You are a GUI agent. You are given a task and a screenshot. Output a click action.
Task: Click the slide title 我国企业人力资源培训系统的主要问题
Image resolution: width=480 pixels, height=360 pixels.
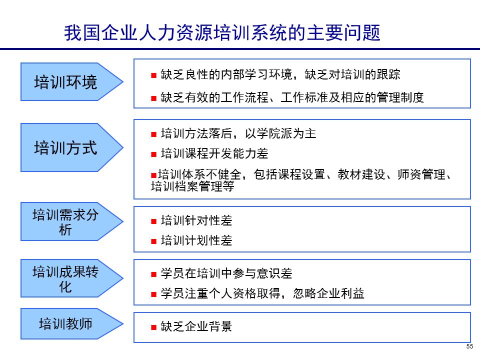(222, 33)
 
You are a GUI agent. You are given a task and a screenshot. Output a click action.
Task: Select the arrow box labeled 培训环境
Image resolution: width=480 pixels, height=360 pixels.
(66, 82)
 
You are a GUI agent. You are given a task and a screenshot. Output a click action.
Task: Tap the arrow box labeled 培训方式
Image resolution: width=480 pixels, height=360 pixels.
(66, 148)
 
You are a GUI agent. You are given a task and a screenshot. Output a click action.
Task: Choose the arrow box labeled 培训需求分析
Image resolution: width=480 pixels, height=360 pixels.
(66, 222)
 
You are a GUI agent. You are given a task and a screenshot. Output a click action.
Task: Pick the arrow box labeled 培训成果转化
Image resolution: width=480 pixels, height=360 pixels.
(66, 279)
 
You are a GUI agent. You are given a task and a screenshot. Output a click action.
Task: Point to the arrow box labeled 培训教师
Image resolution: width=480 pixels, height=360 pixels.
(66, 323)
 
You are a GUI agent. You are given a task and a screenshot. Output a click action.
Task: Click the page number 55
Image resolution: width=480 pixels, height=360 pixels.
(469, 347)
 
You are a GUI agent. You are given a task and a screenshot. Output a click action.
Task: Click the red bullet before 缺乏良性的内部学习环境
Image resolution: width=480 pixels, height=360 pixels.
(154, 75)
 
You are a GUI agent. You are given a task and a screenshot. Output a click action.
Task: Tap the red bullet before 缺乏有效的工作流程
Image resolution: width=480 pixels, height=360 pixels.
(154, 98)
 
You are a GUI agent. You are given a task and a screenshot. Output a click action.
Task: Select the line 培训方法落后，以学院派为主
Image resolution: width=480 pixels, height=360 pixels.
(238, 134)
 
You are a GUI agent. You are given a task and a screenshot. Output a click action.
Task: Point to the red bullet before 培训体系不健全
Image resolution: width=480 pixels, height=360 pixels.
(154, 175)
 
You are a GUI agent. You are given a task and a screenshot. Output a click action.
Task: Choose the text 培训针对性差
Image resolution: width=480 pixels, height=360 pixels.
(196, 220)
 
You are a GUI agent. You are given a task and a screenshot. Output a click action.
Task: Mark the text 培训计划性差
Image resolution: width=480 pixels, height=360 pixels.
(196, 241)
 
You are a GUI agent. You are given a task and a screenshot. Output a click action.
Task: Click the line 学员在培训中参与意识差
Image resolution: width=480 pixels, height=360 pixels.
(226, 273)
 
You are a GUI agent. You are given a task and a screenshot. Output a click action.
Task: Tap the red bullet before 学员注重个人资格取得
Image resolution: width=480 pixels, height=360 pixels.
(154, 294)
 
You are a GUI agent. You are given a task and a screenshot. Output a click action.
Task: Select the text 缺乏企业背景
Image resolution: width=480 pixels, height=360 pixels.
(196, 327)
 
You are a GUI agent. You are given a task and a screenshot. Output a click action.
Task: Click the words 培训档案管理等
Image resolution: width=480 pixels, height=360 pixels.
(192, 187)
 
